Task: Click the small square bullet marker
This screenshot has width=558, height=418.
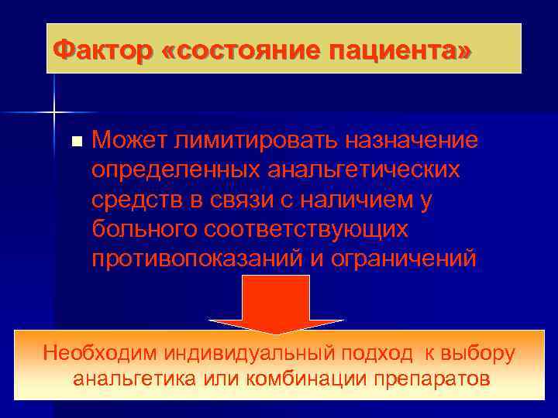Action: click(75, 142)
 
